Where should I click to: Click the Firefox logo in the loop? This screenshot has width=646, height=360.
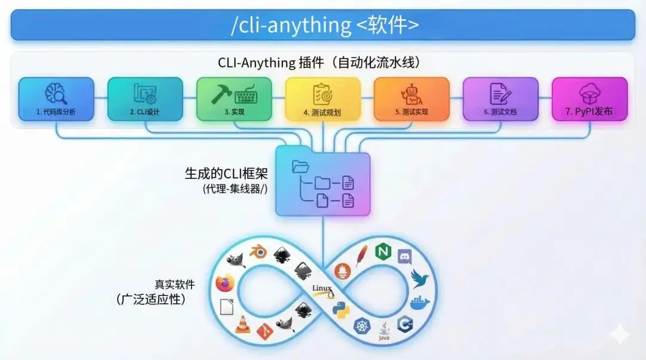pyautogui.click(x=225, y=283)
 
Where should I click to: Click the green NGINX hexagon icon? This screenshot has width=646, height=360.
pyautogui.click(x=382, y=252)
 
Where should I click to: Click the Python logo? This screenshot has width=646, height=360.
pyautogui.click(x=340, y=309)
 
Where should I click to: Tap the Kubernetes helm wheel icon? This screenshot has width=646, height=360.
pyautogui.click(x=362, y=327)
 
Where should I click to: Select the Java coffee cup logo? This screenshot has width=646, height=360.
pyautogui.click(x=384, y=330)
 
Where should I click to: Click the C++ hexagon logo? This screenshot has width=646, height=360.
pyautogui.click(x=405, y=324)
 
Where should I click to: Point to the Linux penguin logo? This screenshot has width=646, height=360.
pyautogui.click(x=323, y=291)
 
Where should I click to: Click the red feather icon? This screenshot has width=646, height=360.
pyautogui.click(x=361, y=257)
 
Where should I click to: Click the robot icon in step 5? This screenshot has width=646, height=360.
pyautogui.click(x=411, y=93)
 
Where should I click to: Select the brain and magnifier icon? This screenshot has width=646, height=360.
pyautogui.click(x=56, y=93)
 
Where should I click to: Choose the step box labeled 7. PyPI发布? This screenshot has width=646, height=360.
pyautogui.click(x=589, y=99)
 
